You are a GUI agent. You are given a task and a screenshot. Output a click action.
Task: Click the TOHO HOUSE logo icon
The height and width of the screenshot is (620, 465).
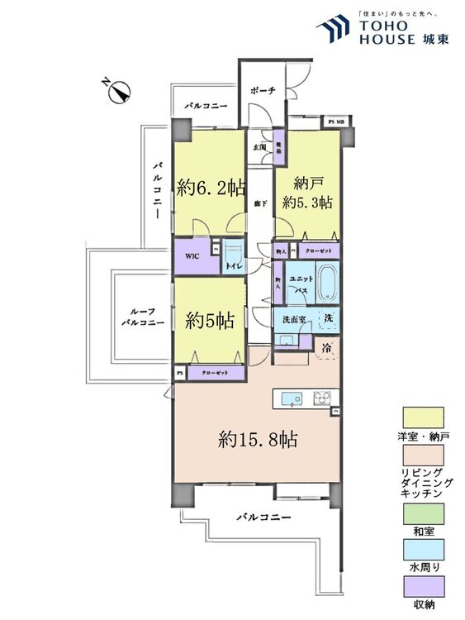point(335,27)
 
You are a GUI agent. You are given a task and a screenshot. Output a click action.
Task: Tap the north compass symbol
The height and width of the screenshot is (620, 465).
point(119,91)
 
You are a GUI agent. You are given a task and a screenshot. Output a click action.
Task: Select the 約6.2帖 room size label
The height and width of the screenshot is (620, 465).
point(210,188)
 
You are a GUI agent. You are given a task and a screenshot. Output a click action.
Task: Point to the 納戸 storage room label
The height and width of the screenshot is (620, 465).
point(306,183)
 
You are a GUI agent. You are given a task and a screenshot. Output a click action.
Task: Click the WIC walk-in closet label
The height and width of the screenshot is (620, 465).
point(191,257)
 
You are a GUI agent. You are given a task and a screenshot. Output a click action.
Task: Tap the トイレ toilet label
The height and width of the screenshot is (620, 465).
point(234,265)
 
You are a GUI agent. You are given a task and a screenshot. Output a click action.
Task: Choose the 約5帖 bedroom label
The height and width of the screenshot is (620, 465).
point(209,321)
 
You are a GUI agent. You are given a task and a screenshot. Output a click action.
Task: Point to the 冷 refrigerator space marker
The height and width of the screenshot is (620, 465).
point(326,348)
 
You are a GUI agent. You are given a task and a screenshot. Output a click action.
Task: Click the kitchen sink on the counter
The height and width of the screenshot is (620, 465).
point(292,399)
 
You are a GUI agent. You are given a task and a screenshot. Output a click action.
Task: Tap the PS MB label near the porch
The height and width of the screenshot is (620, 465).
point(337,122)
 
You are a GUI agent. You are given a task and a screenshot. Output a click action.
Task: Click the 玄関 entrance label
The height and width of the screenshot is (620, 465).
point(259,146)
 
